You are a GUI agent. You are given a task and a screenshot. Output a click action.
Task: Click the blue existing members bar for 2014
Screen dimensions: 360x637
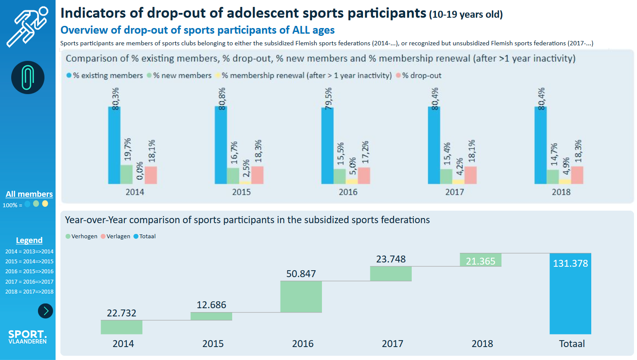coord(114,145)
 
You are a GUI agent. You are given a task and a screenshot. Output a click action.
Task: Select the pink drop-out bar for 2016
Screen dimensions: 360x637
coord(364,175)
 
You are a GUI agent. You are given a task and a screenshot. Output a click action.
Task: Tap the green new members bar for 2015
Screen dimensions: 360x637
coord(233,176)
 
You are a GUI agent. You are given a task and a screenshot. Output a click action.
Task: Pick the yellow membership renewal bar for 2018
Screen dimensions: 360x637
coord(564,182)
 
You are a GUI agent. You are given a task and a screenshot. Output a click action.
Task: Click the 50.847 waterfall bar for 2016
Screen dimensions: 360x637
coord(301,297)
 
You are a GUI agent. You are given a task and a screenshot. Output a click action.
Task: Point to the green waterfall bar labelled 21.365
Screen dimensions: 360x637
coord(480,260)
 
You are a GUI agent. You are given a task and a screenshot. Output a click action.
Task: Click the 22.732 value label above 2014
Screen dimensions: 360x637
coord(122,313)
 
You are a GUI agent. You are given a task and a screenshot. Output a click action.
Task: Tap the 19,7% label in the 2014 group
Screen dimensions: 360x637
coord(127,149)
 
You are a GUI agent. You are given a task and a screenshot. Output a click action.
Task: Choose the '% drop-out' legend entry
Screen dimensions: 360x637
coord(421,76)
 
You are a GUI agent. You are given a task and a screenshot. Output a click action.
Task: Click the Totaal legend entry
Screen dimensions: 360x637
coord(147,236)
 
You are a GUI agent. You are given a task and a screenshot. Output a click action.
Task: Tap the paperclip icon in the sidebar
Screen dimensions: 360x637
coord(28,78)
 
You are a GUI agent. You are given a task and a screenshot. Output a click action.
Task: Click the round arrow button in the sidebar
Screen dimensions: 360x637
coord(45,311)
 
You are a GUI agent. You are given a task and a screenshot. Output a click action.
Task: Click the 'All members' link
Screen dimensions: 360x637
coord(29,194)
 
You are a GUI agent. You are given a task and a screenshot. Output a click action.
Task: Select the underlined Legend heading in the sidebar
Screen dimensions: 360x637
coord(29,240)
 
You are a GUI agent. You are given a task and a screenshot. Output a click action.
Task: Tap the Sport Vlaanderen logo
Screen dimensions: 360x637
coord(28,337)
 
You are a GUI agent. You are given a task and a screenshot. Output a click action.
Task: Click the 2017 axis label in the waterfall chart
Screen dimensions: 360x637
coord(392,344)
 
